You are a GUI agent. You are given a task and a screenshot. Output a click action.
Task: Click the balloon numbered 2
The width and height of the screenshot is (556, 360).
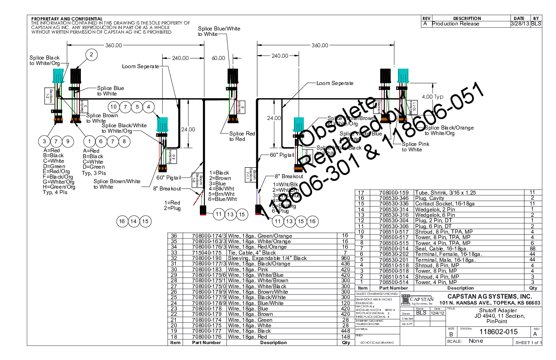tap(91, 55)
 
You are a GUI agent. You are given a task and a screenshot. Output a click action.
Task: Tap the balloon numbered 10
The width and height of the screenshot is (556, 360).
tap(114, 107)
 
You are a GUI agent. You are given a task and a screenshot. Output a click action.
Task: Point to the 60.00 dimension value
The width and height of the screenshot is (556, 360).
tap(218, 58)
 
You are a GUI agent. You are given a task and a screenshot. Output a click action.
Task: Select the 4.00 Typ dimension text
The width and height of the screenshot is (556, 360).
tap(432, 97)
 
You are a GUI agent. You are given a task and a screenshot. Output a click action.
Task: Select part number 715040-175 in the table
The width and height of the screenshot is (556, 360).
tap(206, 252)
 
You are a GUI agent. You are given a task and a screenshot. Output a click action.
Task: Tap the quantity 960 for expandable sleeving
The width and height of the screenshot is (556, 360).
tap(345, 258)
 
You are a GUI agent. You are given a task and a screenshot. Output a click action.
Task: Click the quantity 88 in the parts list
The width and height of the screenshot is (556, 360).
tap(532, 249)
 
